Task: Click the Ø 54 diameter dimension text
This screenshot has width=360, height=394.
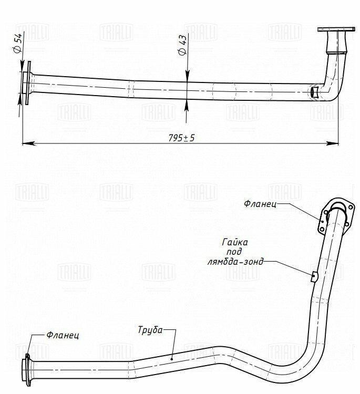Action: point(18,43)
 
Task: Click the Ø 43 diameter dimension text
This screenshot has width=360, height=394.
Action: point(182,45)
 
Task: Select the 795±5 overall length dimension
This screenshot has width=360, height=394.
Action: point(181,138)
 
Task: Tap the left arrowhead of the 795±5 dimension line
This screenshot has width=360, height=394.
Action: point(29,143)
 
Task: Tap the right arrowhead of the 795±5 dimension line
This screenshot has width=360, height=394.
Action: point(332,143)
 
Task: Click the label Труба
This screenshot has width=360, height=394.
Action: point(150,330)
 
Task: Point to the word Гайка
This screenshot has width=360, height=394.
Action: point(235,242)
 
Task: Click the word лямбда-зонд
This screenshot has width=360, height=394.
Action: point(235,262)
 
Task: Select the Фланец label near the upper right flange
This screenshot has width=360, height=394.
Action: point(260,203)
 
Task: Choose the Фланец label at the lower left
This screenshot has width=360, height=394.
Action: point(63,335)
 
